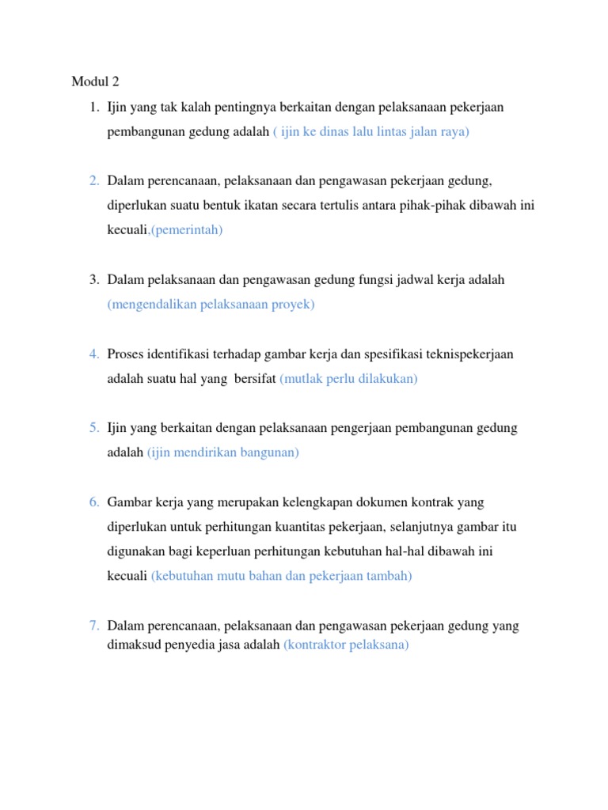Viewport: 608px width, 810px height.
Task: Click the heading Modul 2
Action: tap(94, 81)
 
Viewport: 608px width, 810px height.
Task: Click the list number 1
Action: tap(93, 107)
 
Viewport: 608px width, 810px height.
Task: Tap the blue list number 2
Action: tap(93, 181)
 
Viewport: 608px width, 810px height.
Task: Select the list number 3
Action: tap(93, 280)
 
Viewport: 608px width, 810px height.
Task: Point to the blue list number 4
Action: tap(93, 354)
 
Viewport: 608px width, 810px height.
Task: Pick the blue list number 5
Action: tap(93, 428)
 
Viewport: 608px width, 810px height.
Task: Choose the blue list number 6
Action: tap(93, 502)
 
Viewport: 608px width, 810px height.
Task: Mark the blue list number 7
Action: tap(93, 626)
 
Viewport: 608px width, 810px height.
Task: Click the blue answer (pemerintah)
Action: tap(188, 230)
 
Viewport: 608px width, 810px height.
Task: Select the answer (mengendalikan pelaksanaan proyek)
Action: tap(211, 305)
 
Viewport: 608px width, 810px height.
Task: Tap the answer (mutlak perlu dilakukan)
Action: tap(348, 379)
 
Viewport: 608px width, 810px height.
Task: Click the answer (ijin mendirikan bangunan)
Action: tap(223, 453)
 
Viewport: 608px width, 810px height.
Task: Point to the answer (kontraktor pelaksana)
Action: tap(346, 645)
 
